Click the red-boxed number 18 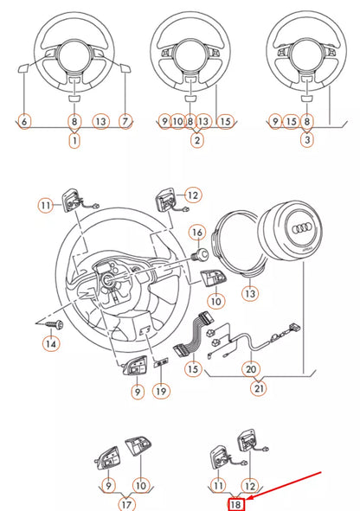coord(235,504)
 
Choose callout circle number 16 coord(196,233)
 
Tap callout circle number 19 coord(162,391)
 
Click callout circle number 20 coord(252,369)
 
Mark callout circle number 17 coord(126,504)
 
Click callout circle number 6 coord(24,123)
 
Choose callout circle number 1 coord(74,139)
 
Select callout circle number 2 coord(197,139)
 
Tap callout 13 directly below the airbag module coord(251,295)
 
